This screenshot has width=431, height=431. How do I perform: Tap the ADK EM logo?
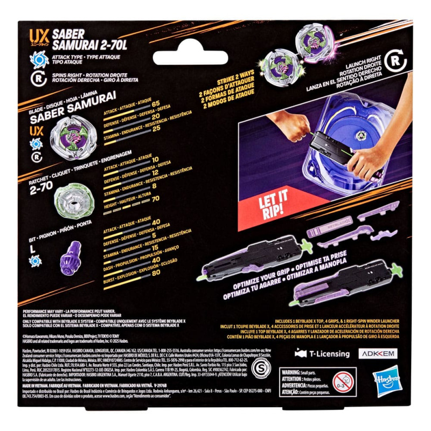tap(380, 354)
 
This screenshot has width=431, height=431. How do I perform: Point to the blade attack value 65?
tap(156, 103)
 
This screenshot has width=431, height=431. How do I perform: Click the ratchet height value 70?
tap(156, 199)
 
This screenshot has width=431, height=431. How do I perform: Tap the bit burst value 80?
tap(156, 272)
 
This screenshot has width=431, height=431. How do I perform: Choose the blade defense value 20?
tap(156, 116)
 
